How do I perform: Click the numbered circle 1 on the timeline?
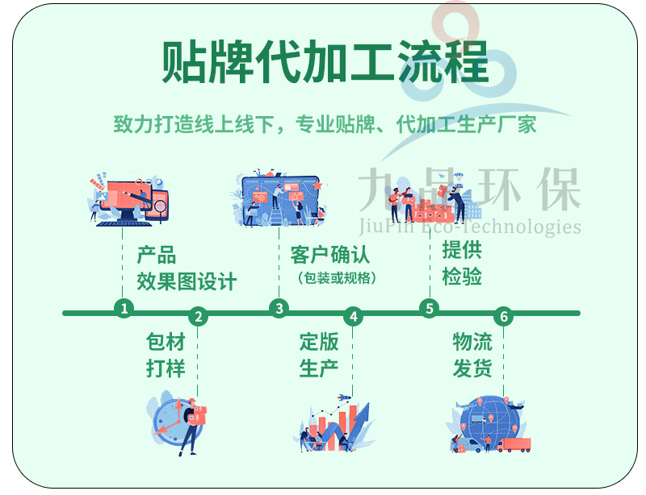(124, 308)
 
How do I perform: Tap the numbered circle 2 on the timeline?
(198, 316)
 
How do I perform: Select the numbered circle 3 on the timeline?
(279, 308)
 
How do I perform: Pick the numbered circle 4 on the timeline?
(353, 316)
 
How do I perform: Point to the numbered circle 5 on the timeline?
(430, 308)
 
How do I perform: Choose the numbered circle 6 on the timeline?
(503, 316)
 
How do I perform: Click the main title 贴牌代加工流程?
(325, 62)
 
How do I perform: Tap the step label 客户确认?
(330, 255)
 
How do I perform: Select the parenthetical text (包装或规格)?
(337, 278)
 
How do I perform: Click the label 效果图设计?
(187, 281)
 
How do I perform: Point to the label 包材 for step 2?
(166, 342)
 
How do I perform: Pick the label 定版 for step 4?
(319, 342)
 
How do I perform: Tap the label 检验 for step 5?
(462, 276)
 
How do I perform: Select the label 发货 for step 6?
(472, 368)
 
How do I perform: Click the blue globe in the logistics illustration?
(489, 421)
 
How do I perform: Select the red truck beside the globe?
(514, 445)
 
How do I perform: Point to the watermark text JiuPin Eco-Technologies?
(470, 226)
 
